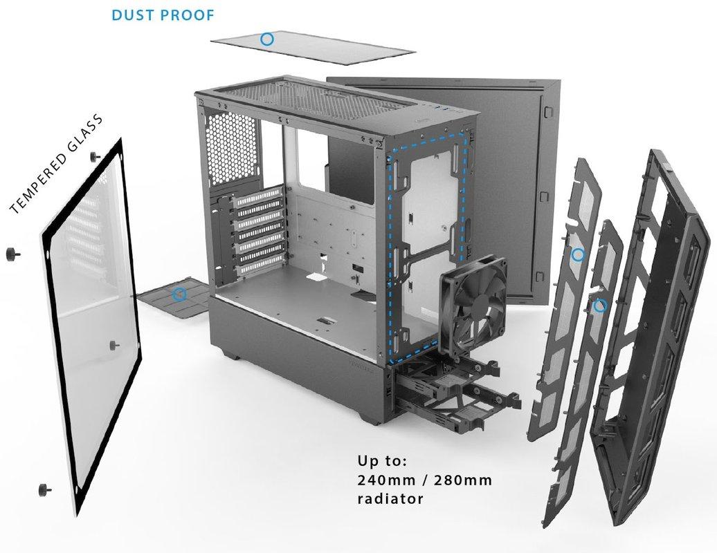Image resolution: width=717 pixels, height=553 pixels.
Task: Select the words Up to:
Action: [x=383, y=460]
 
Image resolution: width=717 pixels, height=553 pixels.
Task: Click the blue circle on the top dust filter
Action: [x=266, y=39]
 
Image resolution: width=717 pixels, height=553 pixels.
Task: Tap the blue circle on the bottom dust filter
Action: [x=180, y=294]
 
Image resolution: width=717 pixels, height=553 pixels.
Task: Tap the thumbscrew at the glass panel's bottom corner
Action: [x=46, y=488]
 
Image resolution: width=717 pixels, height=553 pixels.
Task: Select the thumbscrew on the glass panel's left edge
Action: [x=12, y=252]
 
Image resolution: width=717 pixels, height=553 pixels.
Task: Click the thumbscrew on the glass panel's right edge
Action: [x=114, y=343]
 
